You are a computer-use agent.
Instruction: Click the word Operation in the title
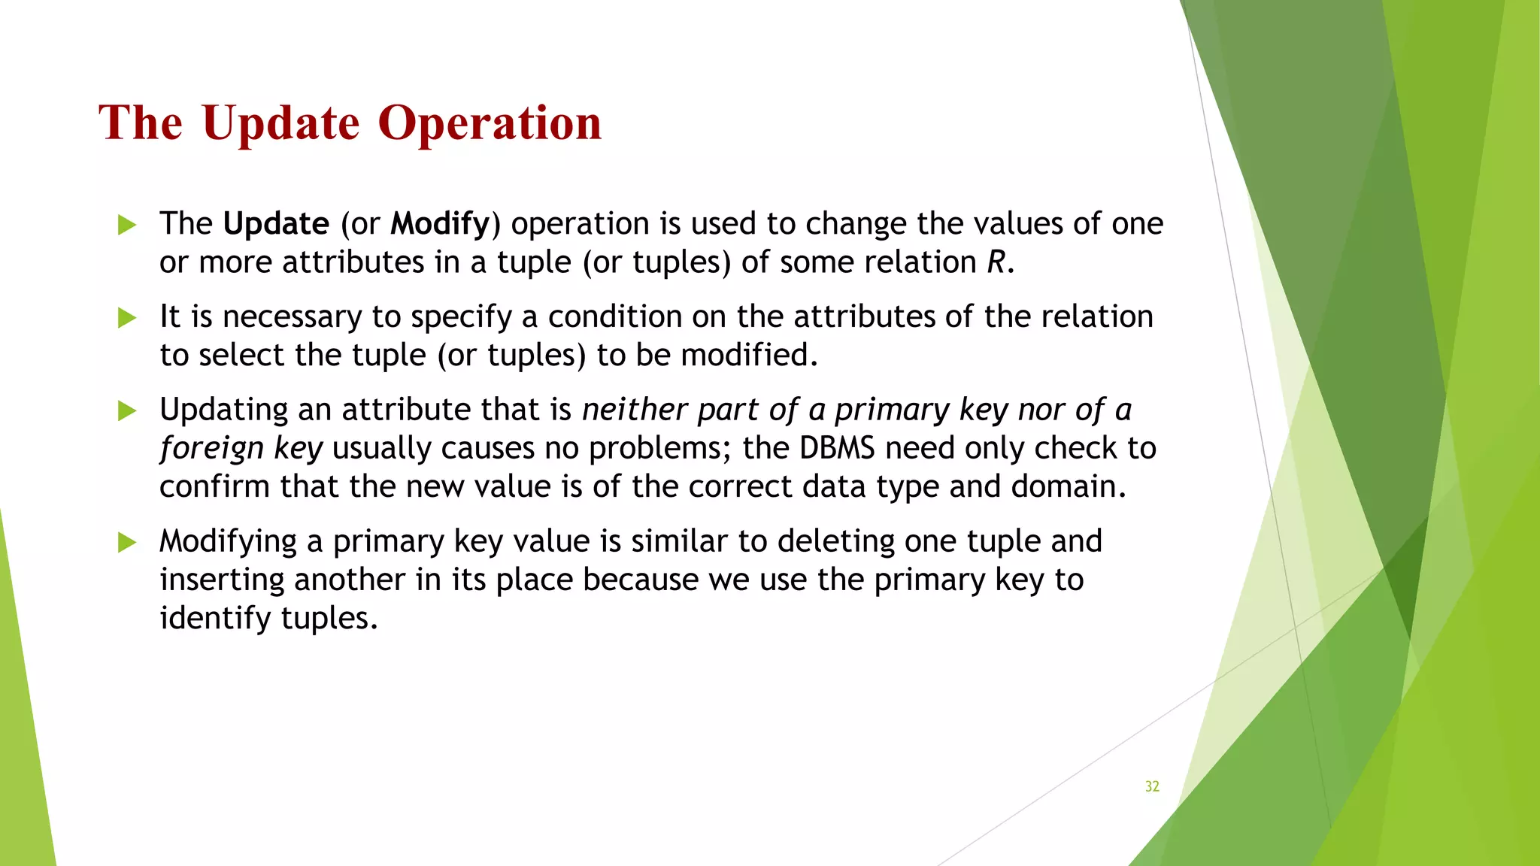pos(490,123)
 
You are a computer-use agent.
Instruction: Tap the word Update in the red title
pos(280,123)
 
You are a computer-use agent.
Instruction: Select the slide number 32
pos(1152,786)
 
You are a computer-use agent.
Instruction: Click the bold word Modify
pos(440,224)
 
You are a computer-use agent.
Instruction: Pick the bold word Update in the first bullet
pos(276,224)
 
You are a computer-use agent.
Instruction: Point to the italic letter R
pos(996,262)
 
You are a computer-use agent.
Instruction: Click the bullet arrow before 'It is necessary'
pos(127,318)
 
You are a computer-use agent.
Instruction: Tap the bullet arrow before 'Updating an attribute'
pos(127,410)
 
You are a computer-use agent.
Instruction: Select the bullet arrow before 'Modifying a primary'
pos(127,542)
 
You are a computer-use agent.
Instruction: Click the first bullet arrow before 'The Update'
pos(127,225)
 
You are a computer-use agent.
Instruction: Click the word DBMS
pos(837,448)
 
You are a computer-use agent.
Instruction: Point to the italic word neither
pos(634,410)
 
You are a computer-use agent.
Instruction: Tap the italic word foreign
pos(211,449)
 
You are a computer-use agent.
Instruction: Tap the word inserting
pos(222,580)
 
